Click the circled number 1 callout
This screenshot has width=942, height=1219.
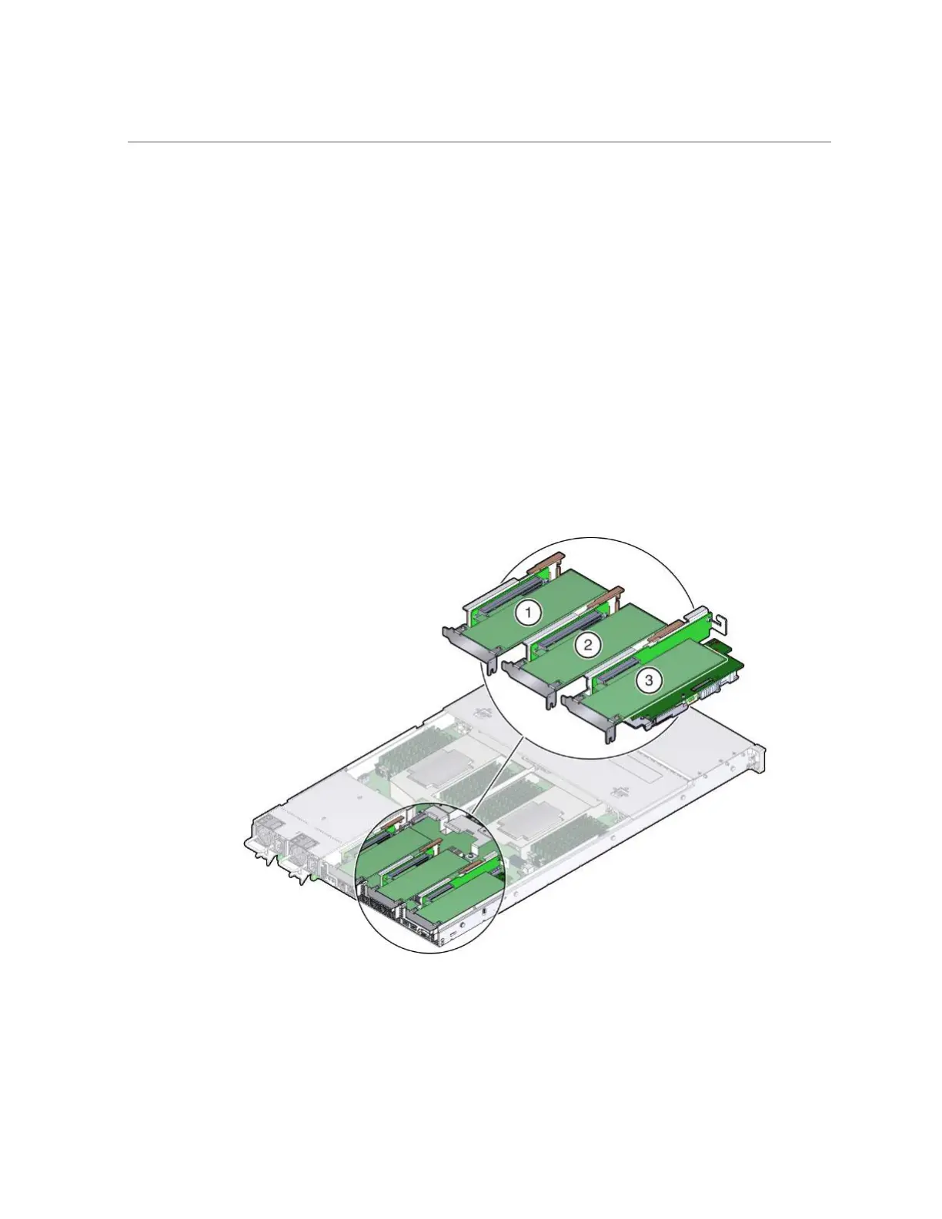coord(529,613)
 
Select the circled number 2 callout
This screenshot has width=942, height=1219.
coord(587,645)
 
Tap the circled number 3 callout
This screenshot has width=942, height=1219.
coord(648,680)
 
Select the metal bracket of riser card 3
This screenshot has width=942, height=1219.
coord(589,716)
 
